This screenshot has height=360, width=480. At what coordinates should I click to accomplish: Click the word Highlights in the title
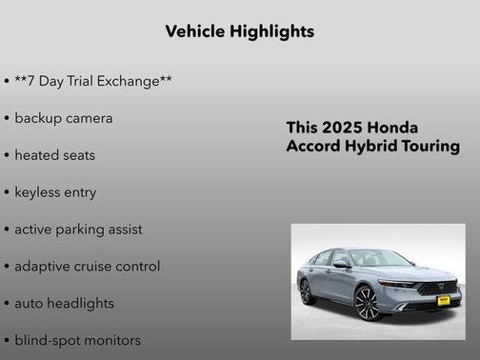pyautogui.click(x=272, y=31)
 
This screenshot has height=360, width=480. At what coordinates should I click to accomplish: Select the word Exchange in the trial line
pyautogui.click(x=132, y=81)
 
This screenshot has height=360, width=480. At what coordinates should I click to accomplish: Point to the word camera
pyautogui.click(x=90, y=118)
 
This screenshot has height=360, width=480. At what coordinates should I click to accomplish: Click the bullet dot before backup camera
pyautogui.click(x=7, y=119)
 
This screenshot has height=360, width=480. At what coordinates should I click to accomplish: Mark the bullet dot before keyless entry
pyautogui.click(x=7, y=192)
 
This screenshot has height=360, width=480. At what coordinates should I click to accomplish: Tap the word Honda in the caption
pyautogui.click(x=394, y=128)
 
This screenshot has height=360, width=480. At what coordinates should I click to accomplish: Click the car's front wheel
pyautogui.click(x=366, y=303)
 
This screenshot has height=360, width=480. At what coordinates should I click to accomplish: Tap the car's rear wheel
pyautogui.click(x=306, y=291)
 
